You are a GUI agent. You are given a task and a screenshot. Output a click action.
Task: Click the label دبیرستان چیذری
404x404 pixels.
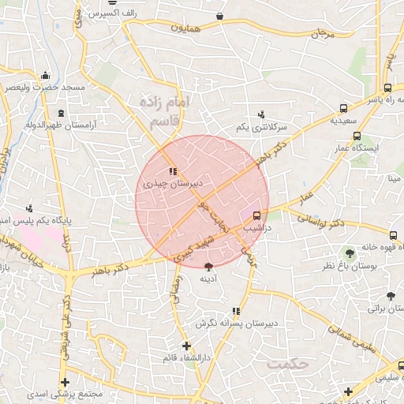173,182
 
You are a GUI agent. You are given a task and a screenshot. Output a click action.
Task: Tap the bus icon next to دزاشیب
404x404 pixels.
256,215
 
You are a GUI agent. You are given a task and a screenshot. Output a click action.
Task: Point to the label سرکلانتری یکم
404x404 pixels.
261,127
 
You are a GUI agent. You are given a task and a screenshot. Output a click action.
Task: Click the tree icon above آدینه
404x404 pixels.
208,267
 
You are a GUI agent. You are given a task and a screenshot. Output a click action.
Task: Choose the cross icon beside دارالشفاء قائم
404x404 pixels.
186,346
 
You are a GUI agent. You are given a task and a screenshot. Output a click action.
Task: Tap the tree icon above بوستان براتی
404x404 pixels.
390,296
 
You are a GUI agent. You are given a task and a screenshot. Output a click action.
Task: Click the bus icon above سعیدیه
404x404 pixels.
343,109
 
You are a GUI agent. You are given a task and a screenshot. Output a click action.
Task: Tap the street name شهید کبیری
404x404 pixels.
194,247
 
